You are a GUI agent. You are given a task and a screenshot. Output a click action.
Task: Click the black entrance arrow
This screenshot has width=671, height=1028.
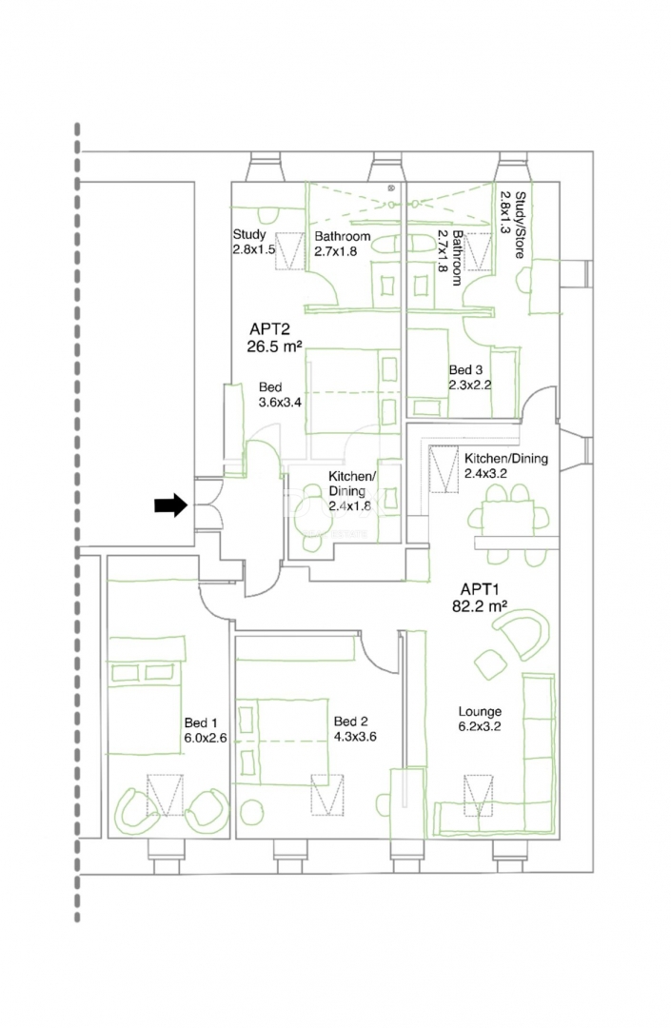click(171, 504)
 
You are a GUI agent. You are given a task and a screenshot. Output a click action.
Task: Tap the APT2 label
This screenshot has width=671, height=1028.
click(269, 329)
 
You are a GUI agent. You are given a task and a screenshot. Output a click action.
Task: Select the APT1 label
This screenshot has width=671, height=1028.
click(480, 589)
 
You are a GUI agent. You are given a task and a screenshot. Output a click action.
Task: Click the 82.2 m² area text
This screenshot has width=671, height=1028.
click(480, 606)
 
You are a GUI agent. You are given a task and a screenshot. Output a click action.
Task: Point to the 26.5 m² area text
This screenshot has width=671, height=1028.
click(274, 346)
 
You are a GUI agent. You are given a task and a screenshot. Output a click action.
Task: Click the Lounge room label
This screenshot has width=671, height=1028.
click(481, 711)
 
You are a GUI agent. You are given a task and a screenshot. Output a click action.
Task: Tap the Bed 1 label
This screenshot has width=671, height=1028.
click(201, 722)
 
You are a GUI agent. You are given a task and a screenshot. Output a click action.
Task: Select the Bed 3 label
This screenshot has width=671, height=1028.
click(466, 370)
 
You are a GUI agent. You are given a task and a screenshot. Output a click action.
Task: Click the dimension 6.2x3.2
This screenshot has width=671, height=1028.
click(481, 726)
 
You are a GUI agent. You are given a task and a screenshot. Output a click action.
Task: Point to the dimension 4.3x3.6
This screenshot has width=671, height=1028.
click(355, 736)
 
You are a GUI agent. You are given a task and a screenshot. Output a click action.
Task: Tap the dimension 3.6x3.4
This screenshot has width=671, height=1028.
click(281, 402)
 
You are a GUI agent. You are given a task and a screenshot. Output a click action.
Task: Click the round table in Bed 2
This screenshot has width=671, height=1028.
click(250, 812)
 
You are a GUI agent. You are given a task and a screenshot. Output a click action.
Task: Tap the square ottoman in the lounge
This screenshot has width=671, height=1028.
click(490, 664)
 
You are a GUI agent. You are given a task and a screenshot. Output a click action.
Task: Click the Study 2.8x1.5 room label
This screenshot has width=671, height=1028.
click(253, 241)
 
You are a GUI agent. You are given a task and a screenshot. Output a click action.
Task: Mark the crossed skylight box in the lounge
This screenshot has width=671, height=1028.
click(479, 795)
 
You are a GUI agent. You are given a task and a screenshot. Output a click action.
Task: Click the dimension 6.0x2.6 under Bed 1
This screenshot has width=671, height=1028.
click(206, 738)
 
